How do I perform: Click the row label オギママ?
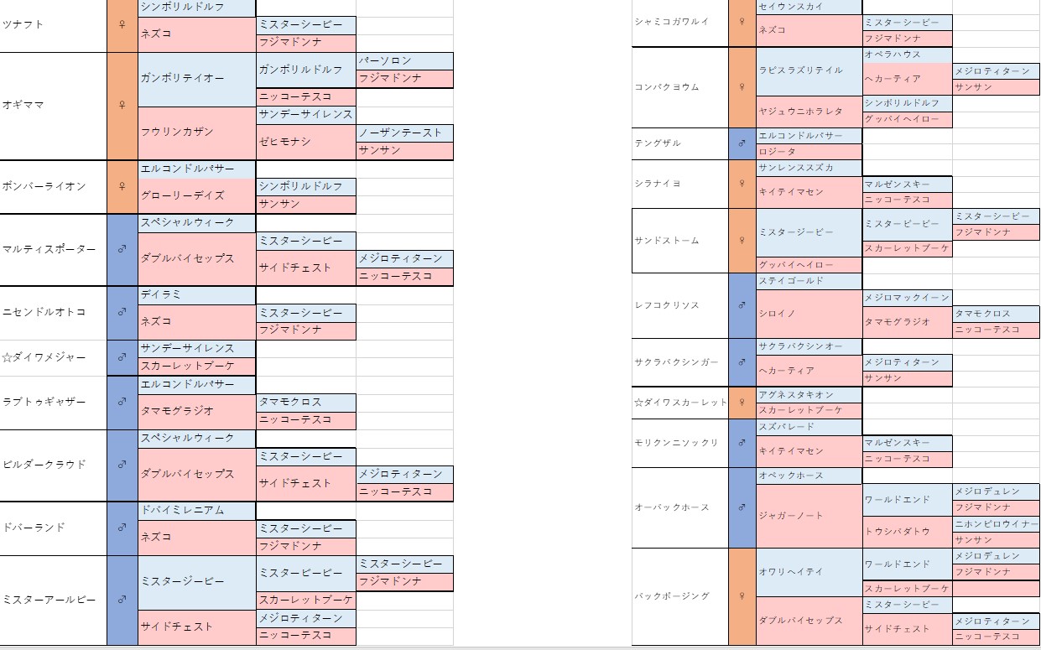(23, 105)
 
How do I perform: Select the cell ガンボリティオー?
(183, 78)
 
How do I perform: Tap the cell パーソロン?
(385, 61)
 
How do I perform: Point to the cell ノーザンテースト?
(400, 133)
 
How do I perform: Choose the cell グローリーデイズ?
(183, 195)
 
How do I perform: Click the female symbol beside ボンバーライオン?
(122, 186)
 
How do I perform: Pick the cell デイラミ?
(162, 294)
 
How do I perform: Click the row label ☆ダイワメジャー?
(44, 357)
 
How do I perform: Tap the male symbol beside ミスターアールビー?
(122, 600)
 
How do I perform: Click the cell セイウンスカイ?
(790, 7)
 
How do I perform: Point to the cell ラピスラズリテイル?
(800, 70)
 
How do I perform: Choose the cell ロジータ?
(776, 152)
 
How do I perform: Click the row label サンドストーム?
(667, 240)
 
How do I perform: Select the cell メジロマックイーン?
(907, 297)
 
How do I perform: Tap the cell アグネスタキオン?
(796, 394)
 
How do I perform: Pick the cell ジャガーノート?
(790, 516)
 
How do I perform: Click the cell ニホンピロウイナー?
(996, 524)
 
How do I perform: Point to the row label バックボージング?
(672, 595)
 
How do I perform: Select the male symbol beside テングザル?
(742, 143)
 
